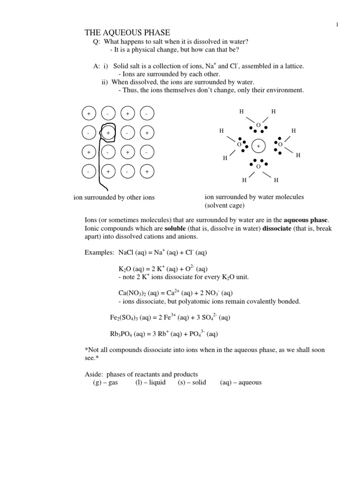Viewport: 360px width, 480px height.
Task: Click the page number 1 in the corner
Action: tap(337, 24)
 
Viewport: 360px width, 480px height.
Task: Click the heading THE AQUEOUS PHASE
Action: tap(127, 32)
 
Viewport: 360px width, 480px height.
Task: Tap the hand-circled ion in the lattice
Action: tap(108, 133)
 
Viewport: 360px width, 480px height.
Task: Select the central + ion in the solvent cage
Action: tap(258, 146)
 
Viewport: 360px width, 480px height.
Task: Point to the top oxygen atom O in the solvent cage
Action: tap(258, 125)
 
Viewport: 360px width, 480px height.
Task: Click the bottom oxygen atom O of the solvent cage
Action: tap(258, 166)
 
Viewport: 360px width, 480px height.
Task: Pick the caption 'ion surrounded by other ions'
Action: tap(114, 197)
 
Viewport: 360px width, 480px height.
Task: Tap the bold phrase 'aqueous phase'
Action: tap(306, 220)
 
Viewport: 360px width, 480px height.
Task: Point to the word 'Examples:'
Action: tap(100, 253)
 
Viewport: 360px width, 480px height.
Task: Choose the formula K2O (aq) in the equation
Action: tap(131, 269)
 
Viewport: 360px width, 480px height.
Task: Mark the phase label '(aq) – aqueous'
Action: tap(240, 382)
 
